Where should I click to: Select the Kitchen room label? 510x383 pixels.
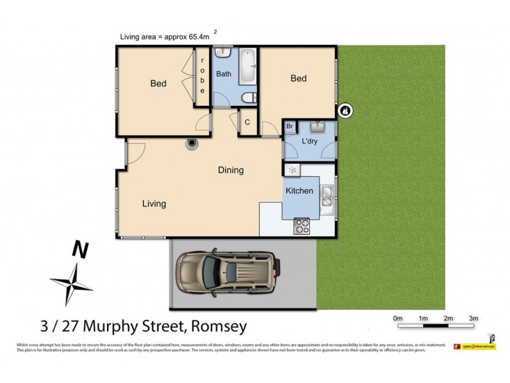pos(299,191)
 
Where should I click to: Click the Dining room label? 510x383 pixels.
pos(230,170)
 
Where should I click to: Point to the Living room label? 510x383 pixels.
pos(154,204)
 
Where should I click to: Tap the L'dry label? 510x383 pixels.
pos(309,141)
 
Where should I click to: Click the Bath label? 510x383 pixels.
pos(223,74)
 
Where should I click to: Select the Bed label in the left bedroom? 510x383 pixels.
pos(158,84)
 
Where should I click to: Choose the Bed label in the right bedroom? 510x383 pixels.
pos(298,79)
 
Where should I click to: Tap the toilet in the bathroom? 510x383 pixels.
pos(249,98)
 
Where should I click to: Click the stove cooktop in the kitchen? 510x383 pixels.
pos(301,226)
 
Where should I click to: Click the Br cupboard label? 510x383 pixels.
pos(289,127)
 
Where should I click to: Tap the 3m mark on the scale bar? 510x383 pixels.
pos(473,318)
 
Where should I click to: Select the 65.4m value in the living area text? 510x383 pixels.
pos(199,36)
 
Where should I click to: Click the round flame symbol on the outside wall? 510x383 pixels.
pos(345,110)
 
